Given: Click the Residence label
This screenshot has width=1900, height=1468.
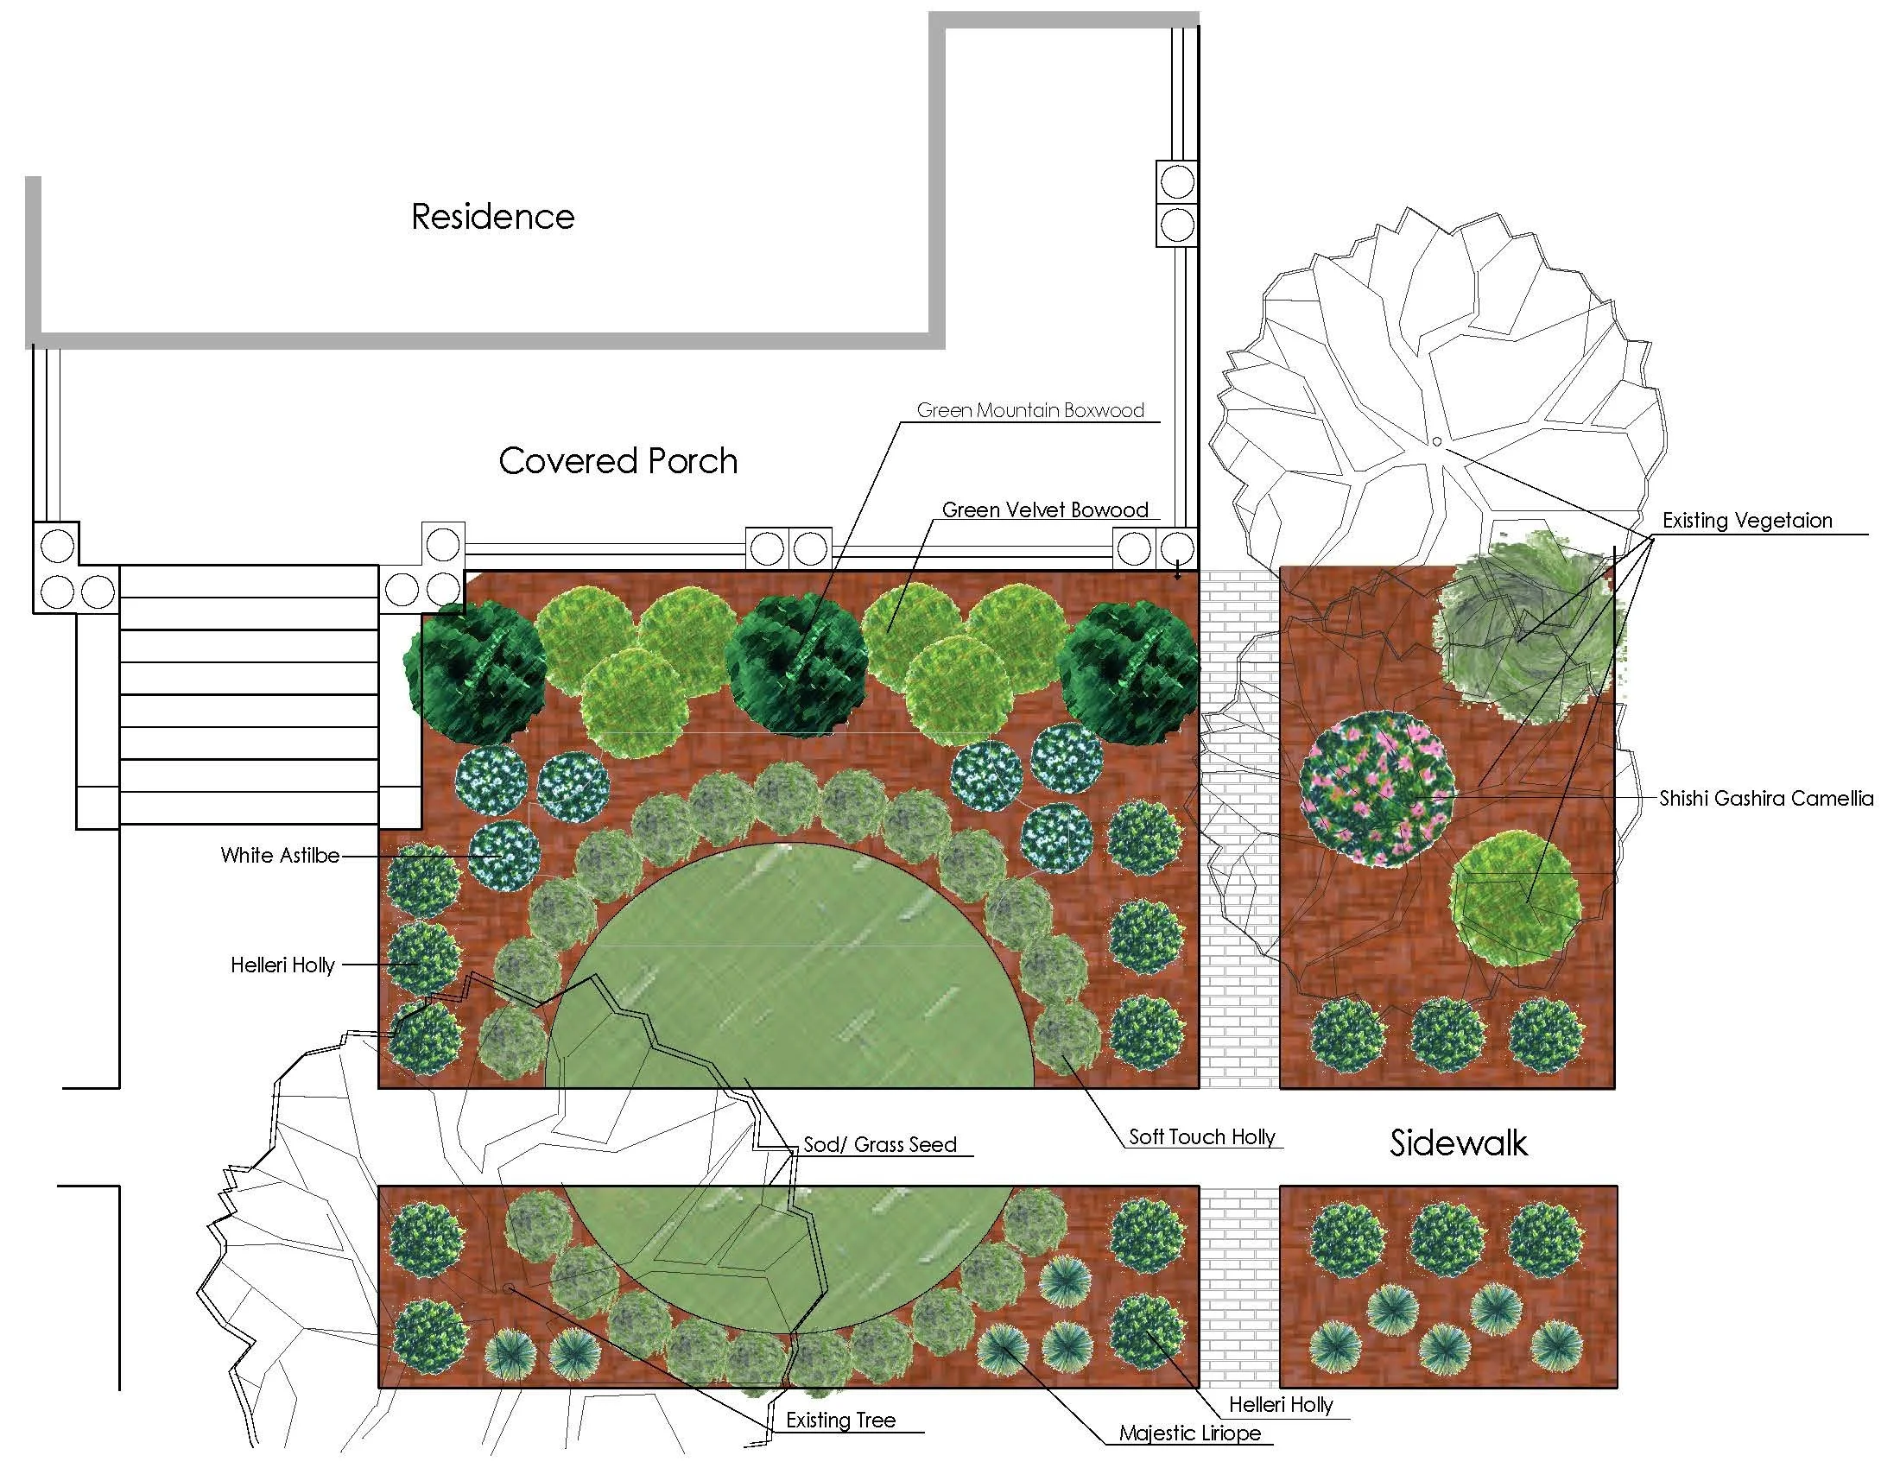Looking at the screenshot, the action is click(x=492, y=217).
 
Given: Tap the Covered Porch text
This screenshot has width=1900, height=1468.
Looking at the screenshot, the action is click(x=617, y=461).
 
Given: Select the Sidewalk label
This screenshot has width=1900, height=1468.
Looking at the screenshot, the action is click(x=1458, y=1142).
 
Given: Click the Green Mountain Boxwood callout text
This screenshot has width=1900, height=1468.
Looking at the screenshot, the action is click(x=1030, y=410).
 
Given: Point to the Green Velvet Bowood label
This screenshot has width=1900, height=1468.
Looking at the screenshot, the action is click(x=1045, y=509).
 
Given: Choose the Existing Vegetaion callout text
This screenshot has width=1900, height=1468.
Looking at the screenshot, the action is click(x=1747, y=520).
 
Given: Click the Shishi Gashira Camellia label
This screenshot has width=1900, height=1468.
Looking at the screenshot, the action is click(x=1766, y=799).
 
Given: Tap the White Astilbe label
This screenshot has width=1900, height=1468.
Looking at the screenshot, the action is click(x=279, y=855).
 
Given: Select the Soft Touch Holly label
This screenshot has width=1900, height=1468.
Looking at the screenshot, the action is click(x=1201, y=1136).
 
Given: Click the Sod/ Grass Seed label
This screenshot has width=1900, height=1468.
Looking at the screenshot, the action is click(x=879, y=1144).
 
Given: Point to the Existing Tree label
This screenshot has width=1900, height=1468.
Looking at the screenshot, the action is click(x=840, y=1421).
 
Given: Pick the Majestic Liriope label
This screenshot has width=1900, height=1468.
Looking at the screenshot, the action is click(x=1189, y=1433).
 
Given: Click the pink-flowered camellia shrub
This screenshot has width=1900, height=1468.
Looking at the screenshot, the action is click(x=1376, y=788).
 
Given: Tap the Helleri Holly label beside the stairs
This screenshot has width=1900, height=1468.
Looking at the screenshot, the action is click(x=282, y=965).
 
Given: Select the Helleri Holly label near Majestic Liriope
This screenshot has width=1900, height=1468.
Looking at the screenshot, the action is click(x=1281, y=1404).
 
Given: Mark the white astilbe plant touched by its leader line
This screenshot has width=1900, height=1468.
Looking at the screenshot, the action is click(x=498, y=856).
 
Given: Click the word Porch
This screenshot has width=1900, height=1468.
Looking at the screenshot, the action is click(x=692, y=461).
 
